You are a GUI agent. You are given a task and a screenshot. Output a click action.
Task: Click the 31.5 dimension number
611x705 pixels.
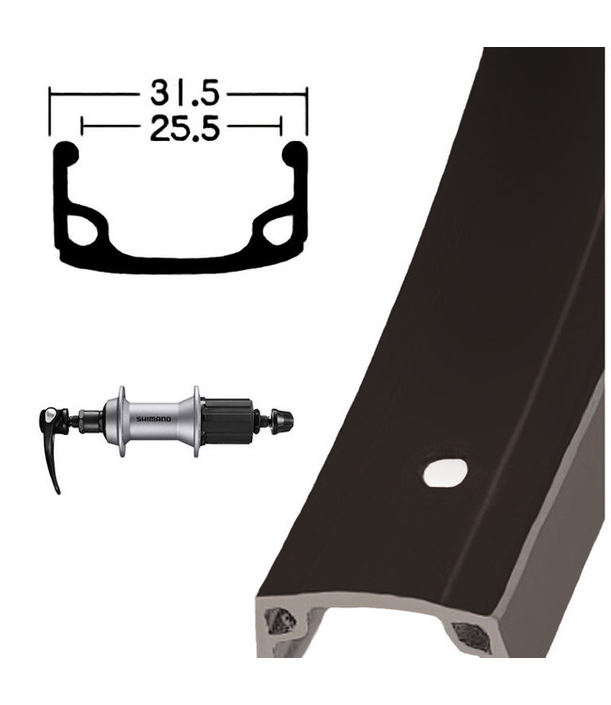(184, 93)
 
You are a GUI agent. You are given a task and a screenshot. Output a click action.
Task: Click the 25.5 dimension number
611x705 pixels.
(184, 128)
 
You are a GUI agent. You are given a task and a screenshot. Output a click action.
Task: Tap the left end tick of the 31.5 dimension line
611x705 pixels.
(50, 111)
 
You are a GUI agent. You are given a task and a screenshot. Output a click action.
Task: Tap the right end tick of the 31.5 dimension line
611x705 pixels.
(306, 111)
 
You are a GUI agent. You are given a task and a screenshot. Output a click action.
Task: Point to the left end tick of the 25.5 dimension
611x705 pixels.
(82, 126)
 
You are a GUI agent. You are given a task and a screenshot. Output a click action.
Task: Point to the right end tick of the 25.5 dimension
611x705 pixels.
(281, 126)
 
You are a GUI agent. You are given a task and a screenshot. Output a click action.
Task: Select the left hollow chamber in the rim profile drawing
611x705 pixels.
(83, 230)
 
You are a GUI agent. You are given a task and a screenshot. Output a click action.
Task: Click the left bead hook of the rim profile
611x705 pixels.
(67, 152)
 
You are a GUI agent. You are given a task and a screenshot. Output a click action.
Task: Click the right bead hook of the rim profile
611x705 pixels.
(294, 152)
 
